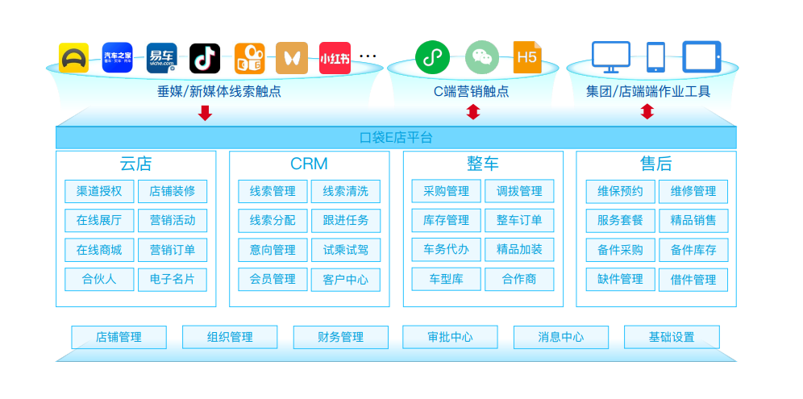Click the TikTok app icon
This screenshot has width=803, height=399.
(x=205, y=58)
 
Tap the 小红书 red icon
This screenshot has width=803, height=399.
(x=335, y=58)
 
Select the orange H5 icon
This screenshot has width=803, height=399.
(x=527, y=57)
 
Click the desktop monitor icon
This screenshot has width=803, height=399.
(x=611, y=57)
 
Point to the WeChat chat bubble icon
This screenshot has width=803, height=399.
(x=482, y=57)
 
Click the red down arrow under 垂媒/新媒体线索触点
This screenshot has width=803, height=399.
(x=206, y=113)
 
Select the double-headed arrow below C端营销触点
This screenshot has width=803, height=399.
(x=473, y=112)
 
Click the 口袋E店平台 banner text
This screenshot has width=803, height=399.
(x=396, y=138)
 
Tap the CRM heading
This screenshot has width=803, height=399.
(x=309, y=164)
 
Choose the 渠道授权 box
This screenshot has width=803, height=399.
(x=99, y=192)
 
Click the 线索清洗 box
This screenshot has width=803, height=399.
(x=346, y=192)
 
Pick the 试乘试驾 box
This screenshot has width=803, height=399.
(x=346, y=250)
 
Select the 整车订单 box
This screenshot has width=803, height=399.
(x=519, y=221)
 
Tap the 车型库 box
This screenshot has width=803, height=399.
(x=447, y=279)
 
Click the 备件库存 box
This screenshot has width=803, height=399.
(x=693, y=250)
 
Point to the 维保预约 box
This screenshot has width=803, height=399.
(x=621, y=192)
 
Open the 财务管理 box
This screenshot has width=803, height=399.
(x=340, y=337)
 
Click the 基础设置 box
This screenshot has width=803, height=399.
(x=672, y=337)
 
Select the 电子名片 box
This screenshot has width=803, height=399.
(x=173, y=280)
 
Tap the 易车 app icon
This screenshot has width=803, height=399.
(x=162, y=58)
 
